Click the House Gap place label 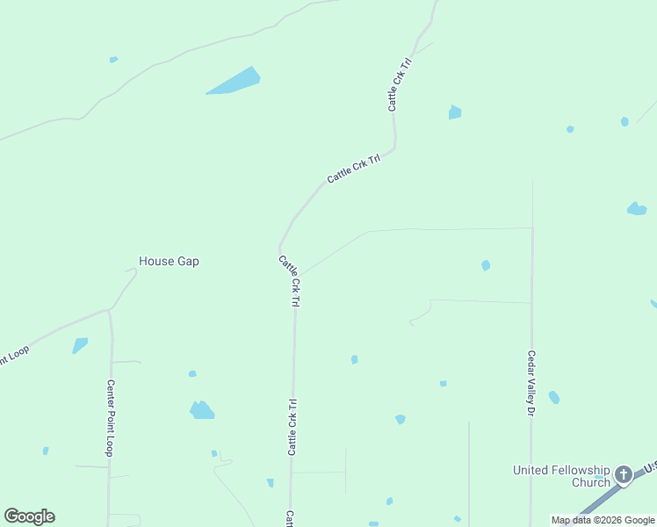169,261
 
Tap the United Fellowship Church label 561,476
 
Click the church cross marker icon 623,475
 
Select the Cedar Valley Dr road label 531,384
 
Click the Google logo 29,516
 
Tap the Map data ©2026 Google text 603,520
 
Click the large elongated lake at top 235,82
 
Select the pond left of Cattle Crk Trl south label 202,410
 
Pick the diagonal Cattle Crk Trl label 353,169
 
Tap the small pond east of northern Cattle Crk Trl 454,112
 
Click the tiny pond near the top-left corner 113,60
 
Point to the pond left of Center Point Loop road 80,345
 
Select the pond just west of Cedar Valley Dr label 486,265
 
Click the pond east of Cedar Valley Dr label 554,398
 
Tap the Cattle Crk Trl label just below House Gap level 290,281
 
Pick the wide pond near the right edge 637,209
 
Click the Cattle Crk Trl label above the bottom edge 289,518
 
